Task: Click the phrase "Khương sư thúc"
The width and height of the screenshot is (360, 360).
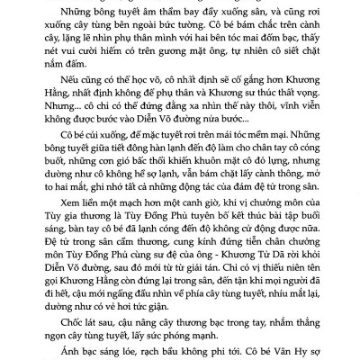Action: point(255,118)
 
